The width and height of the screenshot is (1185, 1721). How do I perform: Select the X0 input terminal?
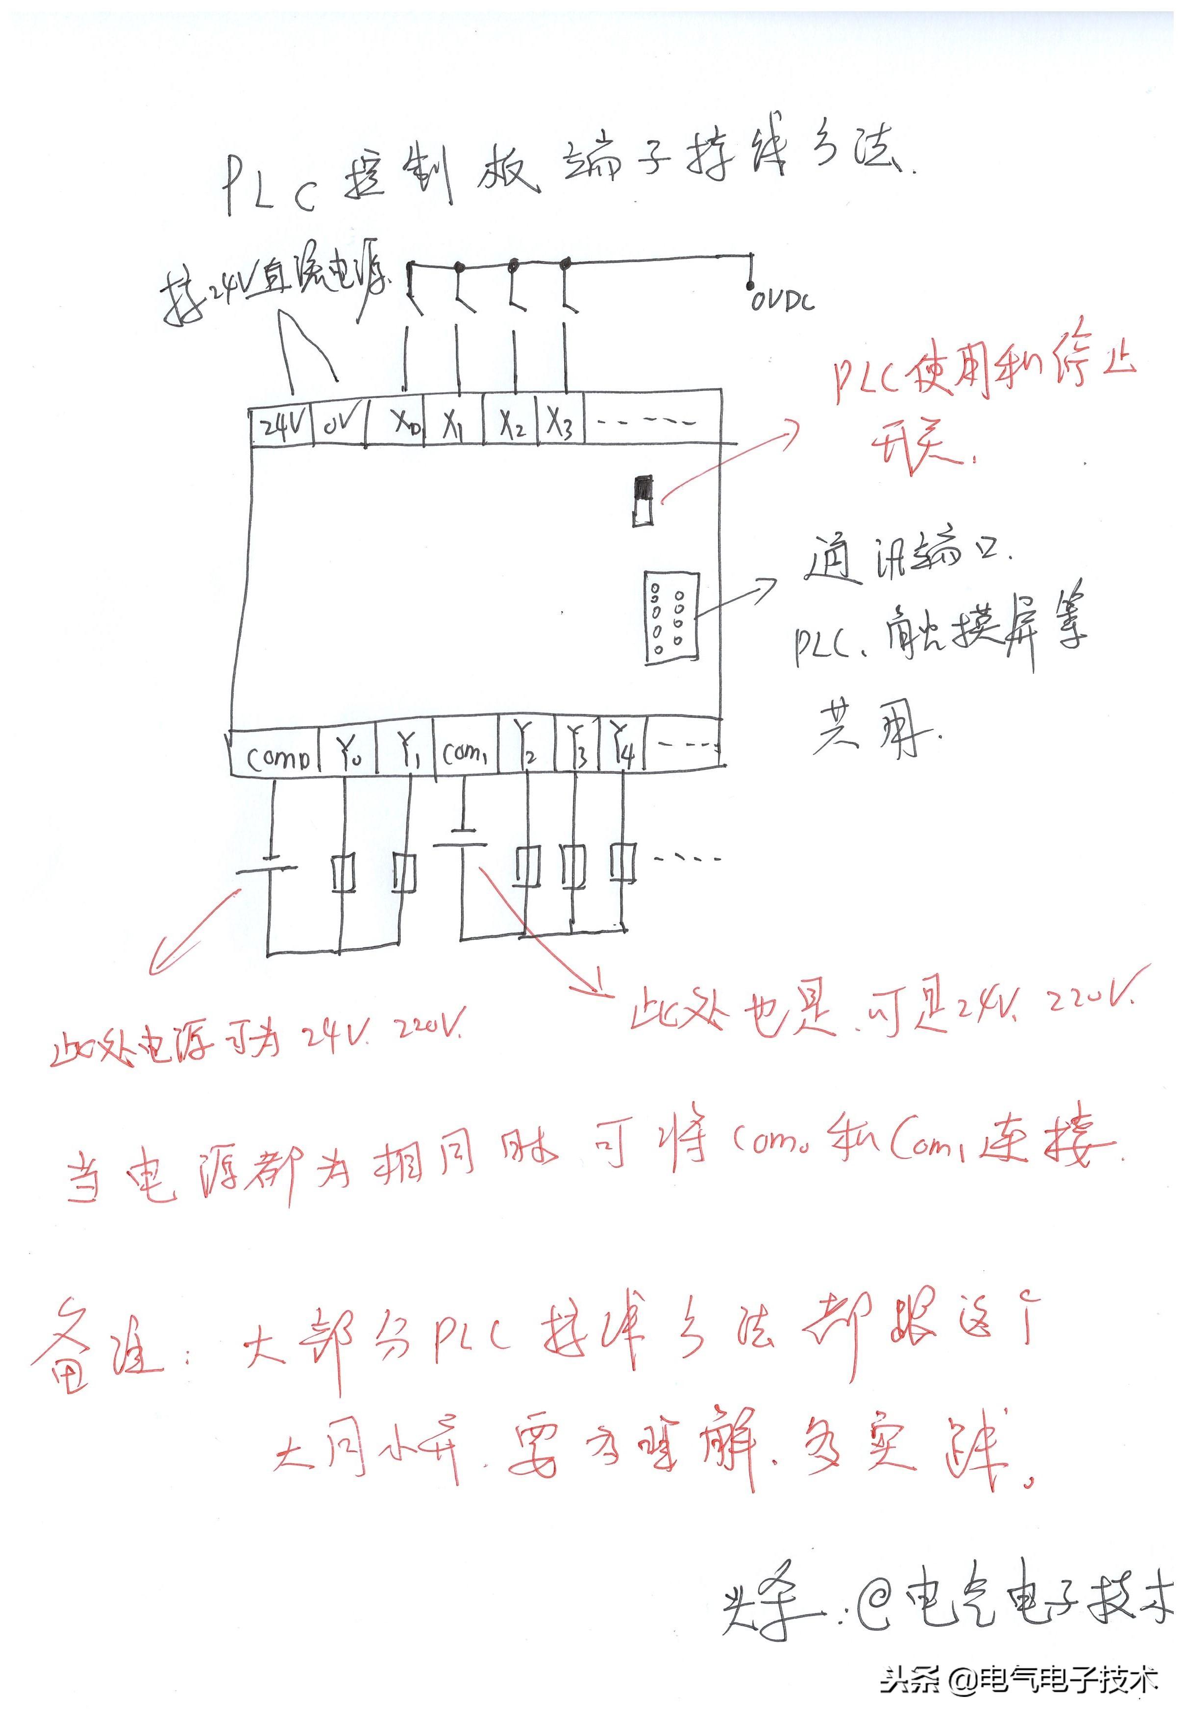(407, 423)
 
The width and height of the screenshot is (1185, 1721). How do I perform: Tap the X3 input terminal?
(561, 424)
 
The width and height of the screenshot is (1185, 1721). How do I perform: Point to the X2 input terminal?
(512, 424)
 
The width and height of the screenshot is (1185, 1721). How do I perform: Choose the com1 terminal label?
(465, 754)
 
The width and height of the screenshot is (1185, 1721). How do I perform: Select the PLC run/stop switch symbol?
(643, 501)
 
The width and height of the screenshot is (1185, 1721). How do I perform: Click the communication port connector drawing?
(672, 617)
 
